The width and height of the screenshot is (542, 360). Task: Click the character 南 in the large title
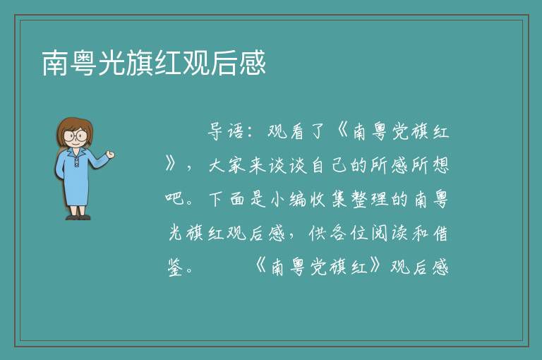(55, 63)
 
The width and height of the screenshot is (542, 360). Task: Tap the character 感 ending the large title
(253, 63)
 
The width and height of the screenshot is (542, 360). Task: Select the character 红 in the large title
(169, 63)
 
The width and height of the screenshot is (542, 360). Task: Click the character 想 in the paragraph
(440, 165)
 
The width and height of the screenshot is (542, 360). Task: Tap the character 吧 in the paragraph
(174, 199)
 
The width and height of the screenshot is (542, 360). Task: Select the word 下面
(227, 199)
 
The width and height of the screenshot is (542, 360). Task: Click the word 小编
(288, 200)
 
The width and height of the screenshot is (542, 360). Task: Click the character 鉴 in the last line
(176, 268)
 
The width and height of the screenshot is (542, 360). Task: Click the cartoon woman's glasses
(75, 136)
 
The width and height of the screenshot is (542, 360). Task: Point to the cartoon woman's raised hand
(111, 155)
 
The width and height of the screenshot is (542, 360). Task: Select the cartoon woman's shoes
(78, 217)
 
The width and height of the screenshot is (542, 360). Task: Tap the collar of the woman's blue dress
(76, 152)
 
